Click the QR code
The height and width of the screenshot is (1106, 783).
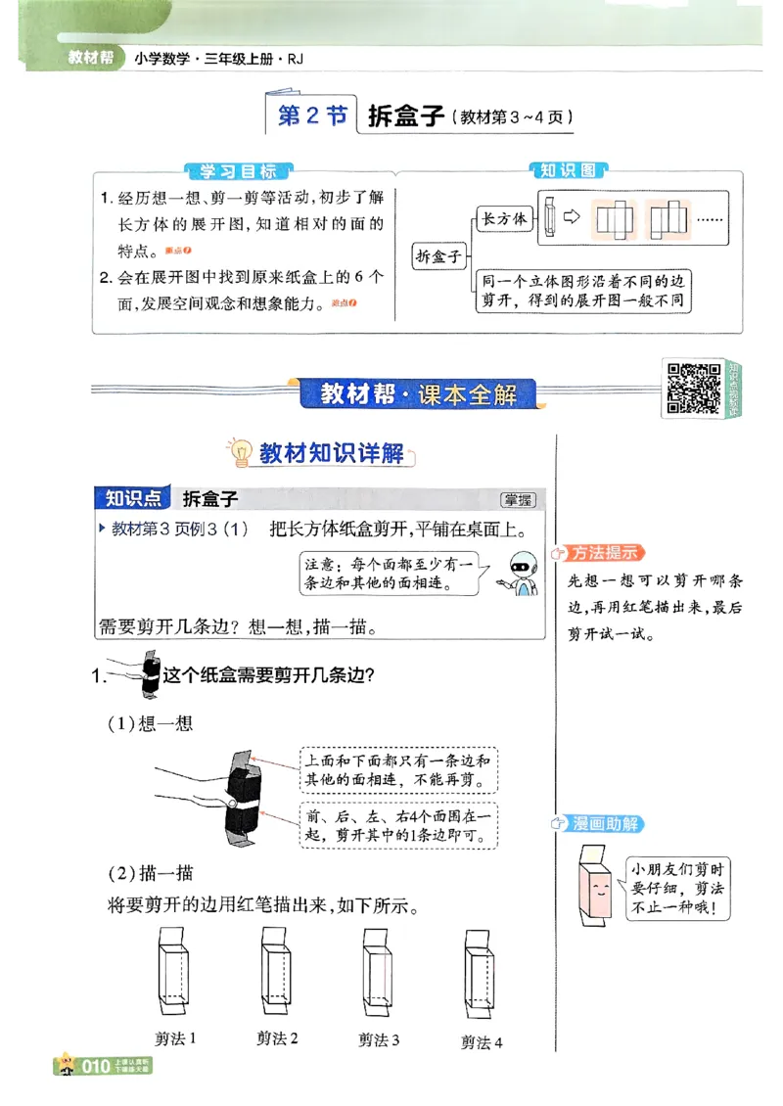[x=693, y=387]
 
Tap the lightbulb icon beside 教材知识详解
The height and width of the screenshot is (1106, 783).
[x=239, y=451]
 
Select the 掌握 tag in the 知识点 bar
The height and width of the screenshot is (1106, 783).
[x=518, y=500]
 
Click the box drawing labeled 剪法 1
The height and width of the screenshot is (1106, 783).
[x=176, y=973]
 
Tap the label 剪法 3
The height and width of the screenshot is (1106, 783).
[x=379, y=1040]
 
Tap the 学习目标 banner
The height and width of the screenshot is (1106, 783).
[x=238, y=171]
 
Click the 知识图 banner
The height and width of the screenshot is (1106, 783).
[x=568, y=170]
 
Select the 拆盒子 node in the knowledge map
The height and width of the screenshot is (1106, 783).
[x=438, y=256]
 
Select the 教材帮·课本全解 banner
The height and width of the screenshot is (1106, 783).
[x=419, y=394]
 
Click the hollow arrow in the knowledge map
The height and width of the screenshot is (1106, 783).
[x=574, y=217]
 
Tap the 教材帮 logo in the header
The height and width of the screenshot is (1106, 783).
[x=91, y=58]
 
